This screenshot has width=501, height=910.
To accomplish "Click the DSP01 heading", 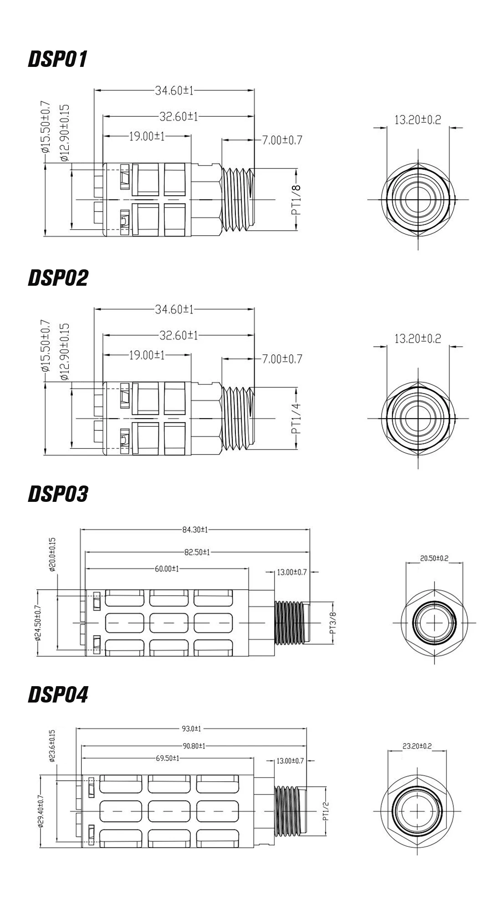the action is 57,59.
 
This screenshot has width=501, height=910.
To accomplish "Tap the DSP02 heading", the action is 58,278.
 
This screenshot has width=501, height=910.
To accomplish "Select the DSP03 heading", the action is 58,494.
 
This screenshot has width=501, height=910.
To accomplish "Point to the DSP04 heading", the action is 58,695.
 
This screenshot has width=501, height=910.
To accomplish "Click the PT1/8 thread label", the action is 296,200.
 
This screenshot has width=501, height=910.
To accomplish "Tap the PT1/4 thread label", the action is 296,419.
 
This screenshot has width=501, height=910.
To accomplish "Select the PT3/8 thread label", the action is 333,622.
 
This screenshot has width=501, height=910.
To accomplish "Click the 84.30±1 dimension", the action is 195,530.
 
